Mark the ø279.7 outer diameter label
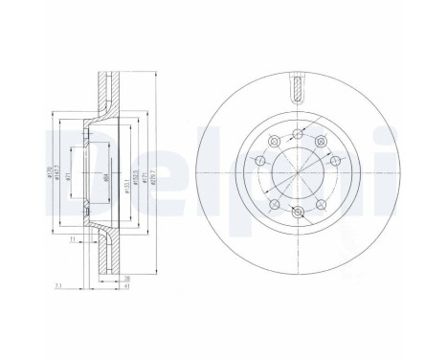coord(155,173)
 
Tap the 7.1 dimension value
coord(58,285)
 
